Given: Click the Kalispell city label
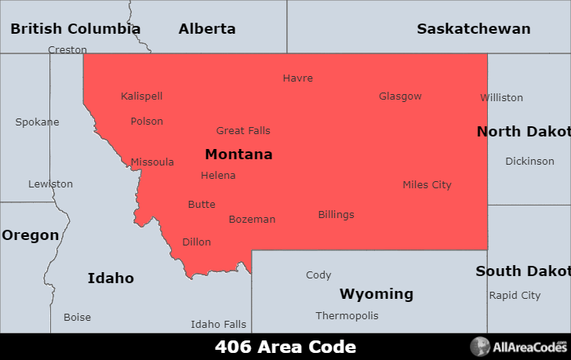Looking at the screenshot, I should point(142,96).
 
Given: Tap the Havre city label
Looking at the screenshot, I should point(298,78).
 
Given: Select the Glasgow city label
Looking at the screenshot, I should point(400,96).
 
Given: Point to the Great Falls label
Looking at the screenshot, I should point(243,131).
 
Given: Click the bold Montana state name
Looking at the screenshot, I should point(238,155).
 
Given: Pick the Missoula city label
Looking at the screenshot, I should point(152,162).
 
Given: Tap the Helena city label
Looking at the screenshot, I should point(218,176).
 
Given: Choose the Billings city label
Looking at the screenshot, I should point(336,215).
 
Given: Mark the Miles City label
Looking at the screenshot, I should point(427,185).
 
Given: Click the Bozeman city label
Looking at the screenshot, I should point(252,220).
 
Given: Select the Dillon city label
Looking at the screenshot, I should point(196,242).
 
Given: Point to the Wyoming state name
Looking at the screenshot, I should point(376,294).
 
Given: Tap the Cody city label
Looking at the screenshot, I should point(318,275).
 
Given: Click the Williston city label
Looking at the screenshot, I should point(501,98).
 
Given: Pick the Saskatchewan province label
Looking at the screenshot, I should point(473,29).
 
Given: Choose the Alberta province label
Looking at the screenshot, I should point(207,29).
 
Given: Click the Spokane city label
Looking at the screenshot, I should point(37,122).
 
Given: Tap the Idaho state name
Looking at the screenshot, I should point(111,278).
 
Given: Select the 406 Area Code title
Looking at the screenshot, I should point(285,347).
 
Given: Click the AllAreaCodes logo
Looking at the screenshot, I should point(518,347).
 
